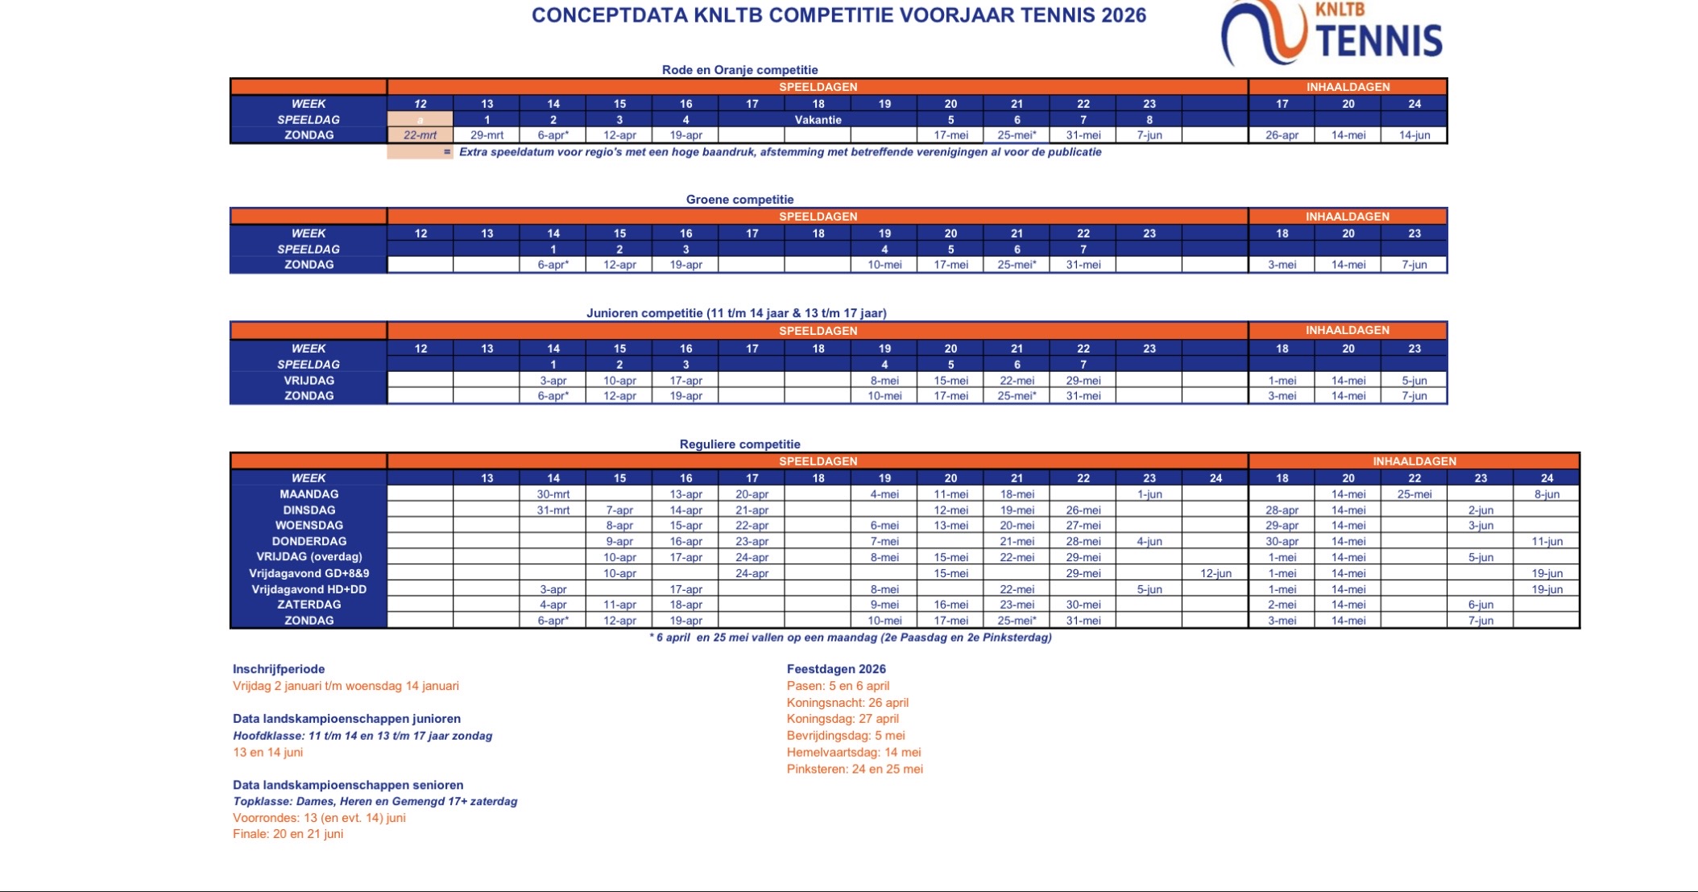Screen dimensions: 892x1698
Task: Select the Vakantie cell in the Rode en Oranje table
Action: [818, 120]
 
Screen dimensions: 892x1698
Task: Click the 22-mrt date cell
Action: [420, 135]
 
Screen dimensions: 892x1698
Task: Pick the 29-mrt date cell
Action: [487, 135]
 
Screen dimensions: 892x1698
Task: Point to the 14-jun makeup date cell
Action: [1414, 135]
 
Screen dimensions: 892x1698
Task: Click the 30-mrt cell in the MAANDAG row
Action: [553, 494]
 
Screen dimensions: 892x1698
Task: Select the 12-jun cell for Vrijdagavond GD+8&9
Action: [1216, 573]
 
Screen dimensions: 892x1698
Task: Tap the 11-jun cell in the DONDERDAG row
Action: [1547, 542]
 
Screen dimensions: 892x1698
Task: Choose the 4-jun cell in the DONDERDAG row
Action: [1149, 542]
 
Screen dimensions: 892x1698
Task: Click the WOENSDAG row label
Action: [309, 526]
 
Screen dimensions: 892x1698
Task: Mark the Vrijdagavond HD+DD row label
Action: [309, 589]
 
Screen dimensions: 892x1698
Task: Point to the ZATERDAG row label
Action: [309, 605]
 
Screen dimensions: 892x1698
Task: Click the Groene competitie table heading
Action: [739, 200]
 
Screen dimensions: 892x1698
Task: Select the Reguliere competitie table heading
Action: [739, 444]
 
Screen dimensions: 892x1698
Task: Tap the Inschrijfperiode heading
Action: [279, 669]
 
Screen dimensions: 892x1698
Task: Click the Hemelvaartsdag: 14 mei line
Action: [854, 752]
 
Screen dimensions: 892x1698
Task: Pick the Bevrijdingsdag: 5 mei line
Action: [846, 735]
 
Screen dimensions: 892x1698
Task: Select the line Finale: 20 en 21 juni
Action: [288, 834]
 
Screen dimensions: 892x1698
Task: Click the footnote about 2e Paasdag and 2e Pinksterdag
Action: [851, 638]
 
